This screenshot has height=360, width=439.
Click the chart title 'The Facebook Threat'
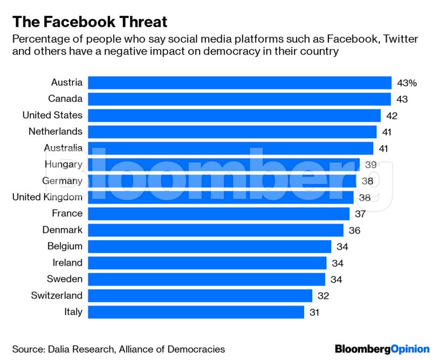[90, 22]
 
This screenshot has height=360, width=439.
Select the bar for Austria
[239, 82]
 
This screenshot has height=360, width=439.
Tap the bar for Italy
[196, 312]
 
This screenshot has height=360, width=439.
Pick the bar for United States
[234, 115]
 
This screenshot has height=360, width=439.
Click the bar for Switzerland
[200, 295]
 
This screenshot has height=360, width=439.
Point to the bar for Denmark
[215, 230]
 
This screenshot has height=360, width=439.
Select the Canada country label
[65, 99]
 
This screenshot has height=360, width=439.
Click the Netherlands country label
[56, 131]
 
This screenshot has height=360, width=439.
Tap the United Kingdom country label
[47, 197]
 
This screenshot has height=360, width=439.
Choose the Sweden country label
[64, 279]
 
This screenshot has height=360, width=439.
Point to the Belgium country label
[64, 246]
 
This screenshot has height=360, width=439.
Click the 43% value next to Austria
[407, 83]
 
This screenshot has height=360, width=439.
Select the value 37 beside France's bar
[360, 214]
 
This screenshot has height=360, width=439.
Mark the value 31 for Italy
[315, 312]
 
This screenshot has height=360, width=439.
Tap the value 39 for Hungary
[371, 165]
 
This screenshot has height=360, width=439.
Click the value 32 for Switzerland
[323, 296]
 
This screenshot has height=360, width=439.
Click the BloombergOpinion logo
[382, 349]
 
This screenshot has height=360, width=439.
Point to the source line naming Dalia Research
[118, 349]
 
